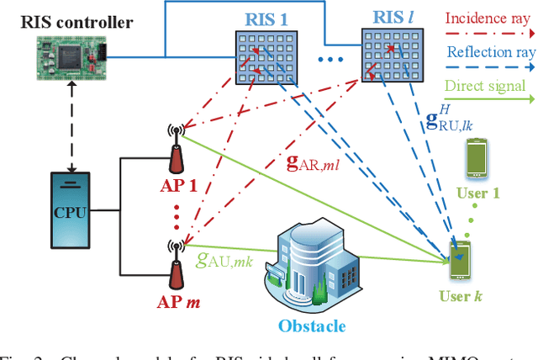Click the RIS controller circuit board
[x=71, y=57]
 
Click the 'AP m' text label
[x=180, y=300]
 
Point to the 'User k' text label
[x=462, y=297]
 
